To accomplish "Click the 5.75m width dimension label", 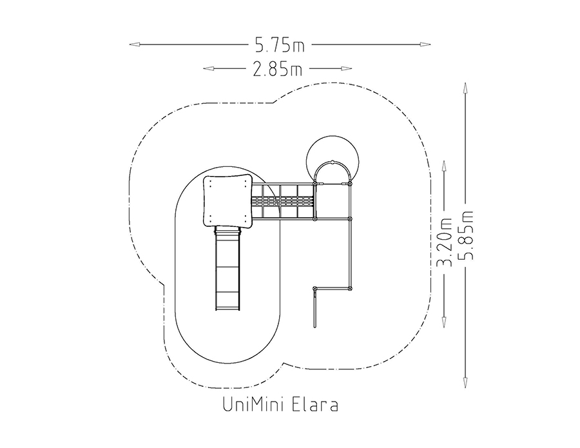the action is coord(279,44).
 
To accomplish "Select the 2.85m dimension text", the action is coord(277,69).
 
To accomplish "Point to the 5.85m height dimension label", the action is coord(465,235).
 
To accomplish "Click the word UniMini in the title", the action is coord(253,404).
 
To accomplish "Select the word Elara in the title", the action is coord(315,404).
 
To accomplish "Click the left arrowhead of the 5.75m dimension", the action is coord(134,44).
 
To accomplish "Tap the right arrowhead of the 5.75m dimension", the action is coord(425,44).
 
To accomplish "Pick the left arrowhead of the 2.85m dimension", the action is coord(208,68).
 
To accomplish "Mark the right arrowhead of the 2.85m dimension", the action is coord(347,68).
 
